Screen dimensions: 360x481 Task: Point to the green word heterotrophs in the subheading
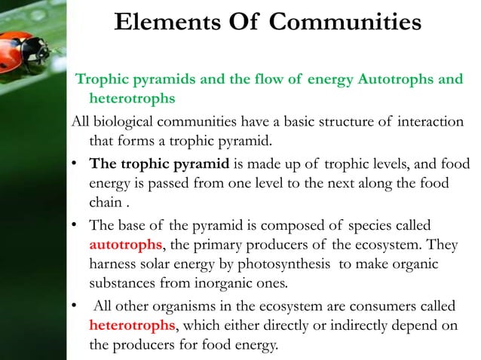pos(133,98)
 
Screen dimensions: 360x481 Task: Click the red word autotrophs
pos(124,245)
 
